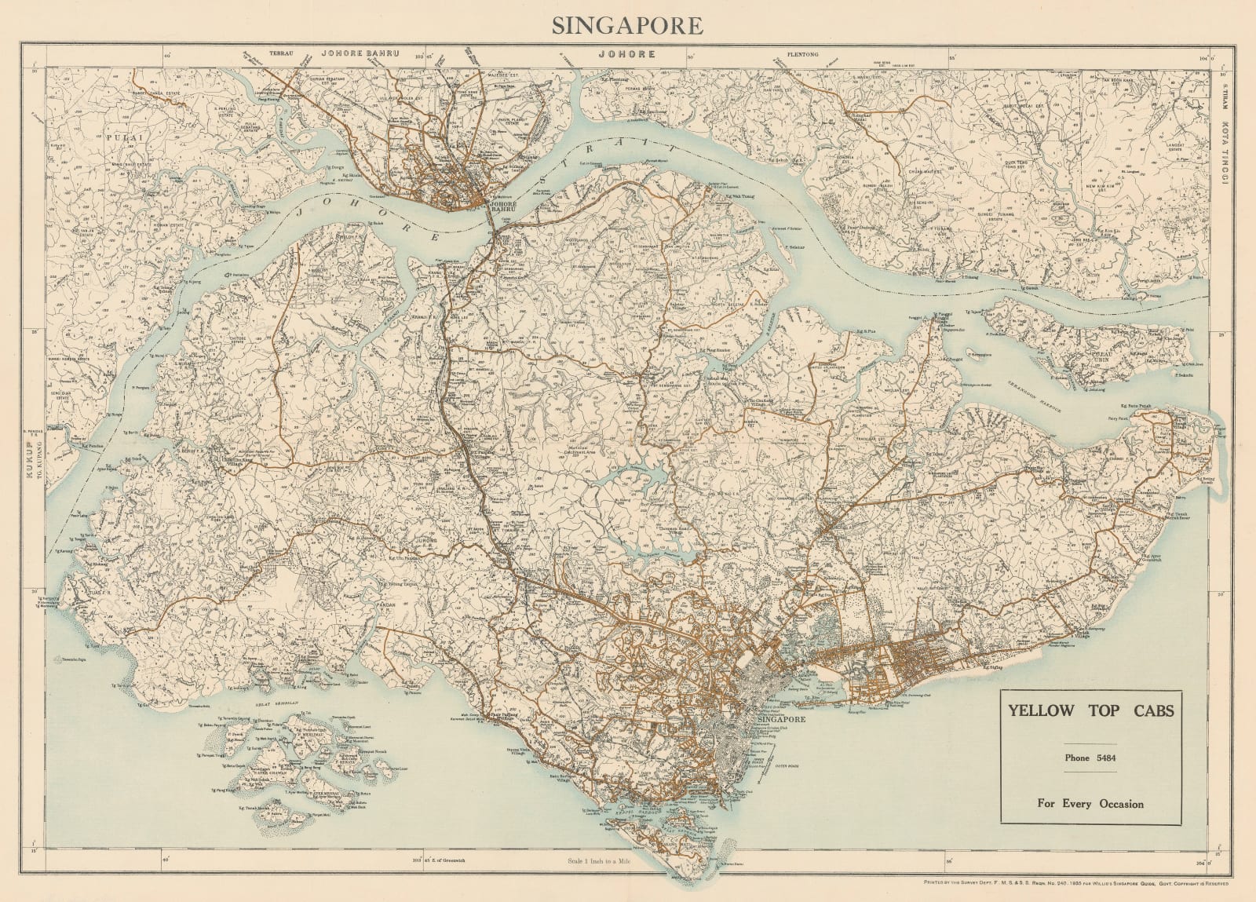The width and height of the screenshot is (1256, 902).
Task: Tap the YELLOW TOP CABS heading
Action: pos(1090,711)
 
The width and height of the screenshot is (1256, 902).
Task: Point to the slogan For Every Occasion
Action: pos(1090,803)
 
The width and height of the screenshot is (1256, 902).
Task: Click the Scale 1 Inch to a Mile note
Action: pos(602,860)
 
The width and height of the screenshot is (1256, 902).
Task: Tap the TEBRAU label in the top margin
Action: pos(280,54)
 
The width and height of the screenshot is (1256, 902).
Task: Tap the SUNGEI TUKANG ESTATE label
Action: pos(995,216)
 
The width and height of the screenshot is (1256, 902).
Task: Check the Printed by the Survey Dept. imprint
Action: pos(1068,884)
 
